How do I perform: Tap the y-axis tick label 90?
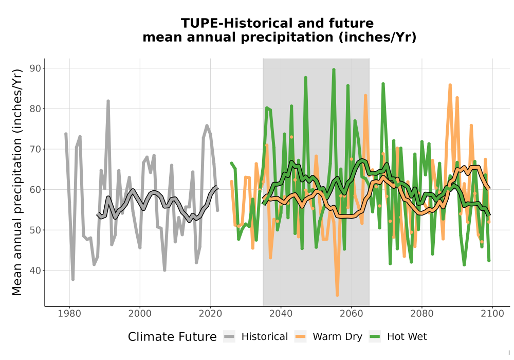(x=35, y=68)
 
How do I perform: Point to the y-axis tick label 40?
(x=35, y=271)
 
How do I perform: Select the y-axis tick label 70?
(x=35, y=149)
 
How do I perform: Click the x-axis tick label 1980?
(x=69, y=314)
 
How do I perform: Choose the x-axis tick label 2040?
(x=281, y=314)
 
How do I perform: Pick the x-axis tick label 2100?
(x=492, y=314)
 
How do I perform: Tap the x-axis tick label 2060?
(x=351, y=314)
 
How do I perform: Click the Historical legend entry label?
(x=265, y=337)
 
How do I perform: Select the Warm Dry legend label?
(x=337, y=337)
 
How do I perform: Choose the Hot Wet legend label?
(x=407, y=337)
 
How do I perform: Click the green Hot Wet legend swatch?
(x=375, y=337)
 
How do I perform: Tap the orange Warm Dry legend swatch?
(x=300, y=337)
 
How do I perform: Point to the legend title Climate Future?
(x=172, y=337)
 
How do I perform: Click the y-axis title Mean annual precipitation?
(x=17, y=182)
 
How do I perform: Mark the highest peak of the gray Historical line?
(x=108, y=101)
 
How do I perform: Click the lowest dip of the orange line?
(x=337, y=295)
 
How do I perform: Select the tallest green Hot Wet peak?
(x=334, y=69)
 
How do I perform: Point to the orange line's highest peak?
(x=450, y=85)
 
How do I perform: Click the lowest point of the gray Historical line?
(x=73, y=279)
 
